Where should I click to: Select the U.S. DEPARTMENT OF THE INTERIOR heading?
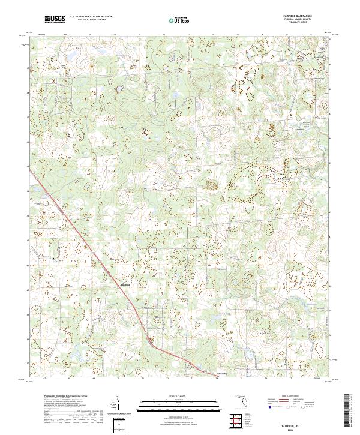pos(88,17)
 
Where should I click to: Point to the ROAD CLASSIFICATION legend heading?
pos(300,396)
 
